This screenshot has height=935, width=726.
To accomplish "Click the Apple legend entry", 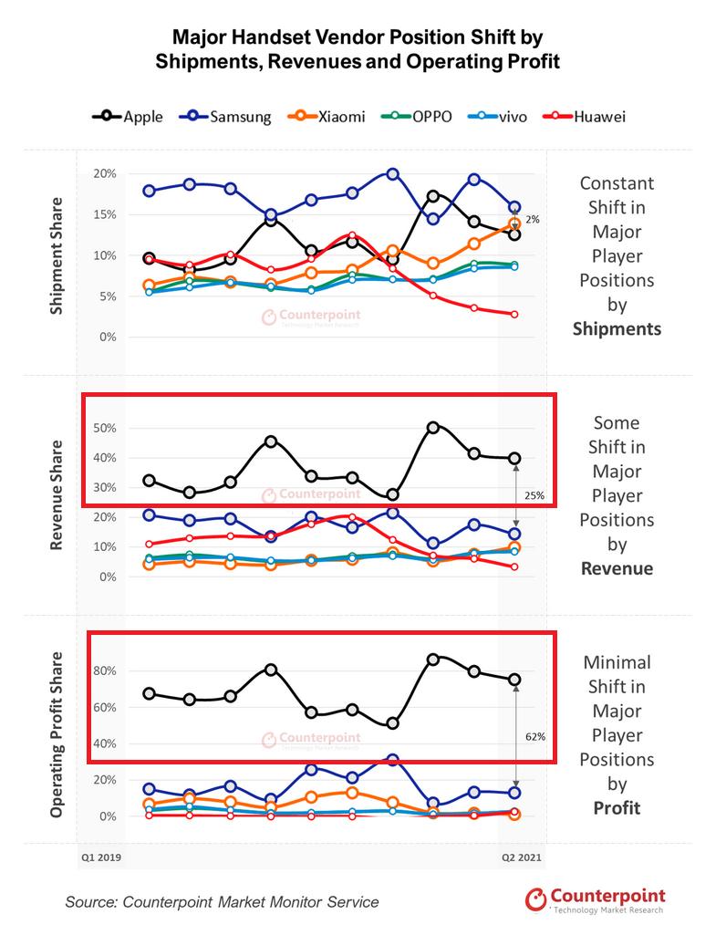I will coord(128,117).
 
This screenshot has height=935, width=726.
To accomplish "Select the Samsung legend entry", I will coord(225,117).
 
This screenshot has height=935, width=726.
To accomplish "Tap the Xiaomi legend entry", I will coord(328,117).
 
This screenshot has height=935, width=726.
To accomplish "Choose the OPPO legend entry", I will coord(419,117).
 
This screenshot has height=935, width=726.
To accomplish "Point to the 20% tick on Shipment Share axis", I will coord(104,173).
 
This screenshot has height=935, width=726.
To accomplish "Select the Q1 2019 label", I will coord(100,858).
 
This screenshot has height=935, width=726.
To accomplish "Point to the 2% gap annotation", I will coord(533,220).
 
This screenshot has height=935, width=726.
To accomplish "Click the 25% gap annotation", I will coord(534,496).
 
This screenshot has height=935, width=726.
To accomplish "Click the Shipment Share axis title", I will coord(57,255).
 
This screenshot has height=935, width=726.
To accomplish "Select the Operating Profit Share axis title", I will coord(57,734).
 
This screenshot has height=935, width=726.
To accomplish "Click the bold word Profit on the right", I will coord(617,807).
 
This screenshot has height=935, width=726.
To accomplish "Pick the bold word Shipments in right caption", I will coord(617,328).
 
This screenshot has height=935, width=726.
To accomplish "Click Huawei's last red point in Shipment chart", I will coord(514,314).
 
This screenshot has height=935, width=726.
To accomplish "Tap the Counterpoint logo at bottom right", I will coord(595,900).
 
